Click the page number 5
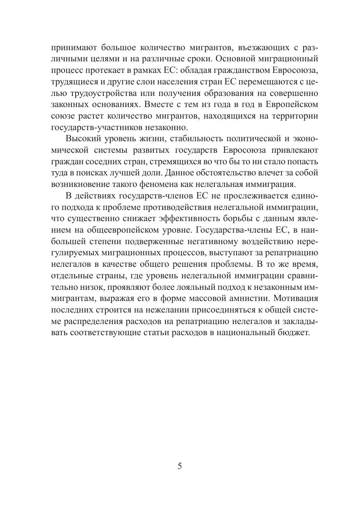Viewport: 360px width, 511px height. pos(179,466)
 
